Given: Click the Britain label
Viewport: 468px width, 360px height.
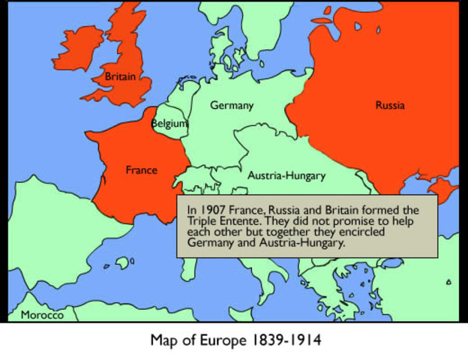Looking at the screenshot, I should pyautogui.click(x=121, y=76).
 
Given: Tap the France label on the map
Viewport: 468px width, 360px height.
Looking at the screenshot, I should pyautogui.click(x=141, y=170).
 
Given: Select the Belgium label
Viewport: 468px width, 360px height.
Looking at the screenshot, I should pyautogui.click(x=169, y=123).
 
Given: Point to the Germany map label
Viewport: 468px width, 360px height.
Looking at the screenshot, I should pyautogui.click(x=231, y=106).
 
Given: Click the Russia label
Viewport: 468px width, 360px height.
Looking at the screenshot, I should pyautogui.click(x=389, y=106).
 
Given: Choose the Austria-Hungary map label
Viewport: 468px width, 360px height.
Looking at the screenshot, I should pyautogui.click(x=286, y=176).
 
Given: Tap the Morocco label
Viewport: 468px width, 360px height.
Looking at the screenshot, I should pyautogui.click(x=43, y=315).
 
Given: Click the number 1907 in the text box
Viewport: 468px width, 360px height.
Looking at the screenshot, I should pyautogui.click(x=212, y=209).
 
